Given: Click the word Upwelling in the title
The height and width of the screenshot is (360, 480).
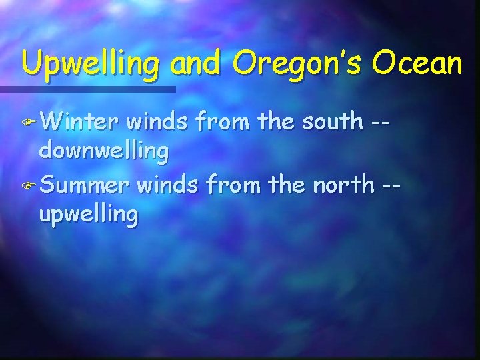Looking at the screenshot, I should [x=90, y=65].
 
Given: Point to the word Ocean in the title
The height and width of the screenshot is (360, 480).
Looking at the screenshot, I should [x=417, y=63].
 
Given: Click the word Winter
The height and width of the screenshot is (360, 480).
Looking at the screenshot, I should [x=79, y=122].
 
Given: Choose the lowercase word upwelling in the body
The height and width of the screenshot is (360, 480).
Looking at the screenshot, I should [x=89, y=215].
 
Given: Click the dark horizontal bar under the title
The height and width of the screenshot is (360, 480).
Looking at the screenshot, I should [x=87, y=89].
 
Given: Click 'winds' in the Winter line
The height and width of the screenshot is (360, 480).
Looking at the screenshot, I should [x=155, y=122].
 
